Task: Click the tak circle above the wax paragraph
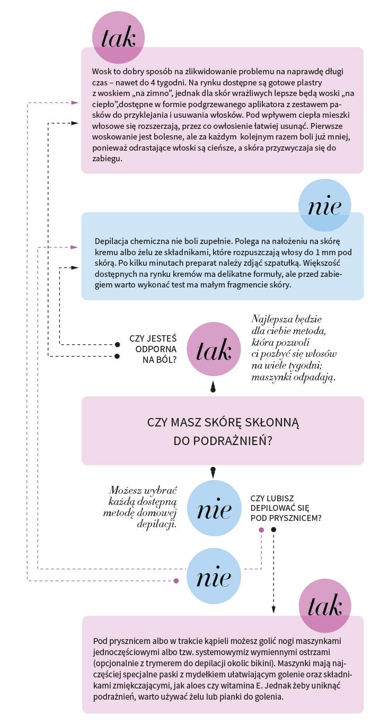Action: click(x=118, y=38)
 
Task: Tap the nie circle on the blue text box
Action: click(x=324, y=205)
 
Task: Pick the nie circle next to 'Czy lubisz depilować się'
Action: click(x=214, y=508)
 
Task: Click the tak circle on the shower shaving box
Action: click(x=325, y=606)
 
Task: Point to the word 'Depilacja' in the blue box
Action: click(x=111, y=242)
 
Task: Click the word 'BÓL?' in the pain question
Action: click(x=167, y=360)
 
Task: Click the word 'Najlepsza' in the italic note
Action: click(x=268, y=319)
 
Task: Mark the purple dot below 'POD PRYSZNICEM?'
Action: click(x=261, y=530)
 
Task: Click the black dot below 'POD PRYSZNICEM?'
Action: click(x=273, y=530)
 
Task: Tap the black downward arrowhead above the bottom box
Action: click(x=273, y=610)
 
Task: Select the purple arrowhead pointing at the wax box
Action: click(x=75, y=102)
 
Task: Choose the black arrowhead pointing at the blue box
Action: click(x=75, y=267)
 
